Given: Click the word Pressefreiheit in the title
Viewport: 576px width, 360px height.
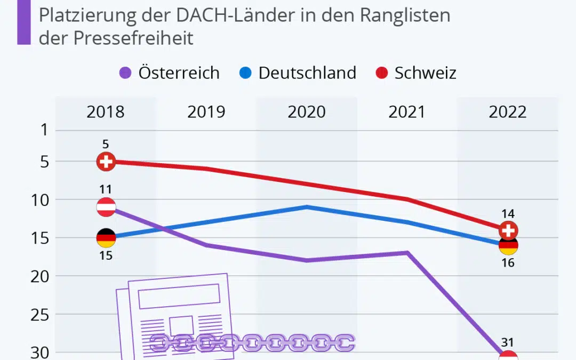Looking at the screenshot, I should [x=133, y=38].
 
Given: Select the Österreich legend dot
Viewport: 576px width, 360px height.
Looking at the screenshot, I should [x=125, y=73].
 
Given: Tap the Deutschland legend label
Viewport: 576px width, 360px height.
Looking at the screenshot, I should [x=307, y=73].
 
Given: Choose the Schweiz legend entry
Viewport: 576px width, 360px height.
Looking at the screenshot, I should [x=425, y=73].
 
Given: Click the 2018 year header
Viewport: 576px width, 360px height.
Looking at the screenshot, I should [x=106, y=112].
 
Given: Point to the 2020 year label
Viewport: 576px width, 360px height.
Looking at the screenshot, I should [x=307, y=112].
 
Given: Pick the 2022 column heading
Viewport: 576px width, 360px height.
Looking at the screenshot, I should [x=508, y=112].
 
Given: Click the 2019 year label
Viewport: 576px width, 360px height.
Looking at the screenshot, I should [x=206, y=112].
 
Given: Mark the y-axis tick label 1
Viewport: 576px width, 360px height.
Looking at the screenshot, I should [x=44, y=130].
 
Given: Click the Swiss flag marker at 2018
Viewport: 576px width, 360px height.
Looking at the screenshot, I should [x=106, y=161].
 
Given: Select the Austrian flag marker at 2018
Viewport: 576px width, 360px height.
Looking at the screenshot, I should [x=106, y=207].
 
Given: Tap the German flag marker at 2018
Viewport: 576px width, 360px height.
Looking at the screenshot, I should [x=106, y=238].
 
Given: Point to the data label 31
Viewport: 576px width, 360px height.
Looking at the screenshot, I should [x=508, y=343].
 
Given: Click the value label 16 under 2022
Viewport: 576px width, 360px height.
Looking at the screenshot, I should [x=508, y=262].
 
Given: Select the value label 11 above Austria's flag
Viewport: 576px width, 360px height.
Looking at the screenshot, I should [x=105, y=189].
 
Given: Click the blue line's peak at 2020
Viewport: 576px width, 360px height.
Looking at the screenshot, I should [x=307, y=206].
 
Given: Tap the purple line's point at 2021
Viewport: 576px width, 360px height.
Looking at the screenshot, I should [x=407, y=252].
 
